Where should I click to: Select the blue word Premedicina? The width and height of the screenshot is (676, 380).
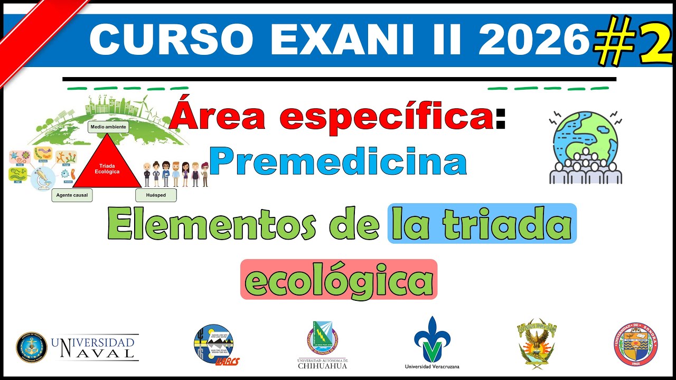tap(338, 162)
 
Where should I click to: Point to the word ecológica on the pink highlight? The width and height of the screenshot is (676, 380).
tap(339, 280)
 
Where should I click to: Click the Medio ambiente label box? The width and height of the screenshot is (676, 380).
tap(108, 127)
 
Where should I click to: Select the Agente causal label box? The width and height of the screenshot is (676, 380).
tap(72, 195)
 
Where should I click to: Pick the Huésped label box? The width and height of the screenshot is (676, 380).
tap(155, 195)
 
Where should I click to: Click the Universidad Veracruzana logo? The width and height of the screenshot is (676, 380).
tap(432, 340)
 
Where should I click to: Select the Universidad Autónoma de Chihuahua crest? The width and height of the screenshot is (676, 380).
tap(323, 338)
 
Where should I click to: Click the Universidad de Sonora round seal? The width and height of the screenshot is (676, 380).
tap(635, 344)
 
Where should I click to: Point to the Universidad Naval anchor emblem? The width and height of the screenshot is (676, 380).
tap(32, 347)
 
